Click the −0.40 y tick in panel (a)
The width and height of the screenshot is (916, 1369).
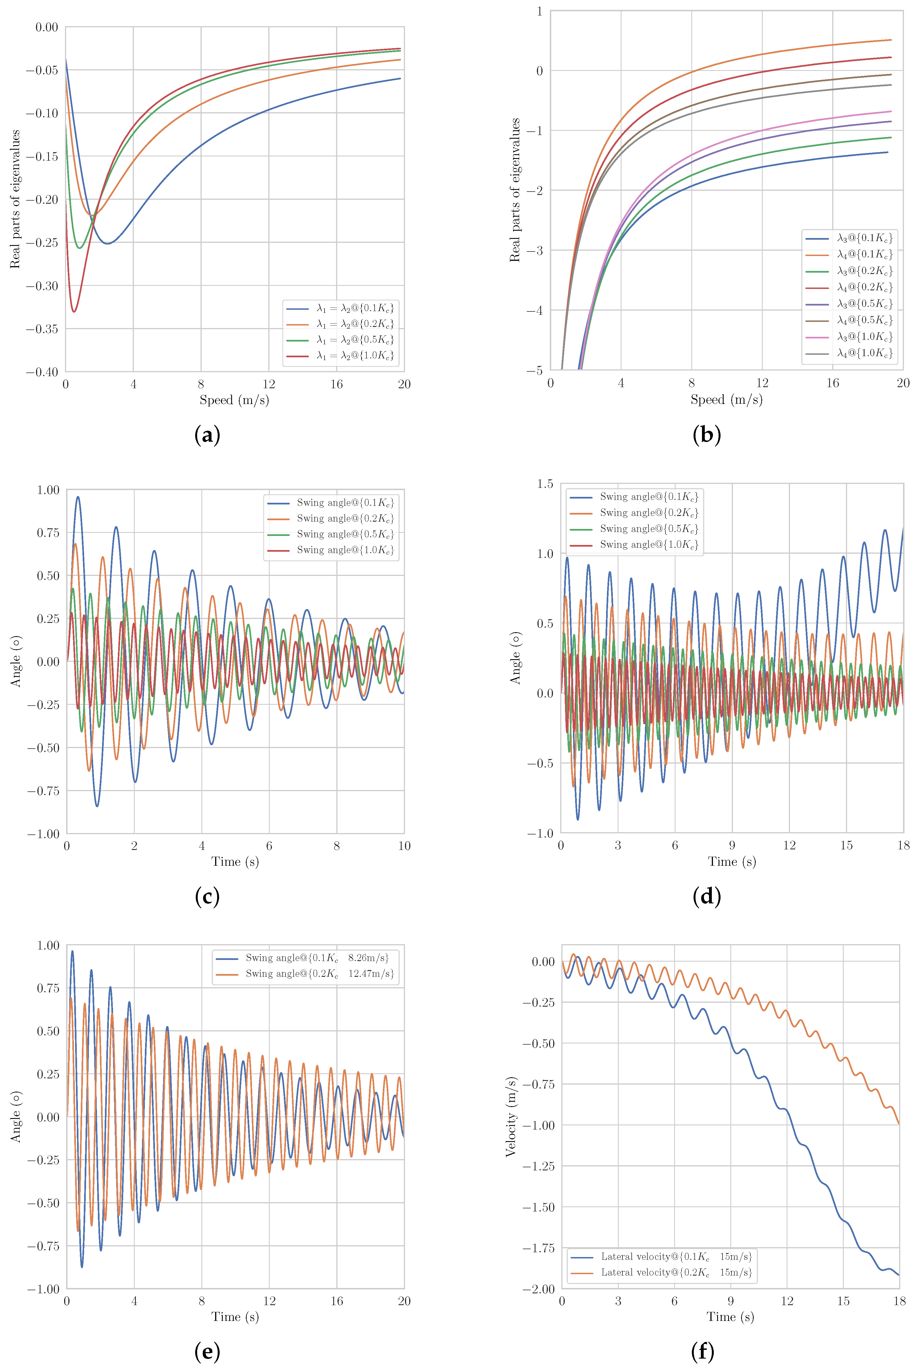click(42, 372)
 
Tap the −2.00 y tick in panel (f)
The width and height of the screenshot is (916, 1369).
click(539, 1289)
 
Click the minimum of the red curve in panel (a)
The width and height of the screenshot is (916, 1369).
click(74, 311)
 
